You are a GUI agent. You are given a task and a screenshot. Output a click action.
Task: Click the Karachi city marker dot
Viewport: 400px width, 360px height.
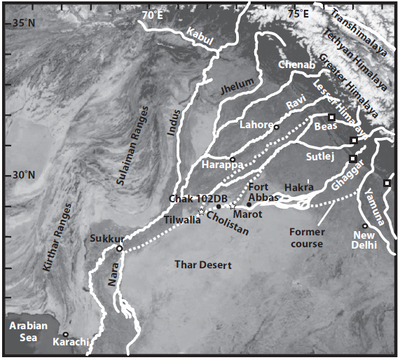pyautogui.click(x=65, y=334)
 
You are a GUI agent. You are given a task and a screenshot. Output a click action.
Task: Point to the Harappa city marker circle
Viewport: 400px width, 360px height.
pyautogui.click(x=232, y=158)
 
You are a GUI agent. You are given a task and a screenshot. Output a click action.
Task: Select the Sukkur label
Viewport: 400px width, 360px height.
pyautogui.click(x=107, y=239)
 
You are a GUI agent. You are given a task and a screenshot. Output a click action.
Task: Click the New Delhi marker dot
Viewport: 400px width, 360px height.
pyautogui.click(x=365, y=226)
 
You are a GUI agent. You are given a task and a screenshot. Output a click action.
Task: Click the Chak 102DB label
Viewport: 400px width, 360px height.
pyautogui.click(x=190, y=199)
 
